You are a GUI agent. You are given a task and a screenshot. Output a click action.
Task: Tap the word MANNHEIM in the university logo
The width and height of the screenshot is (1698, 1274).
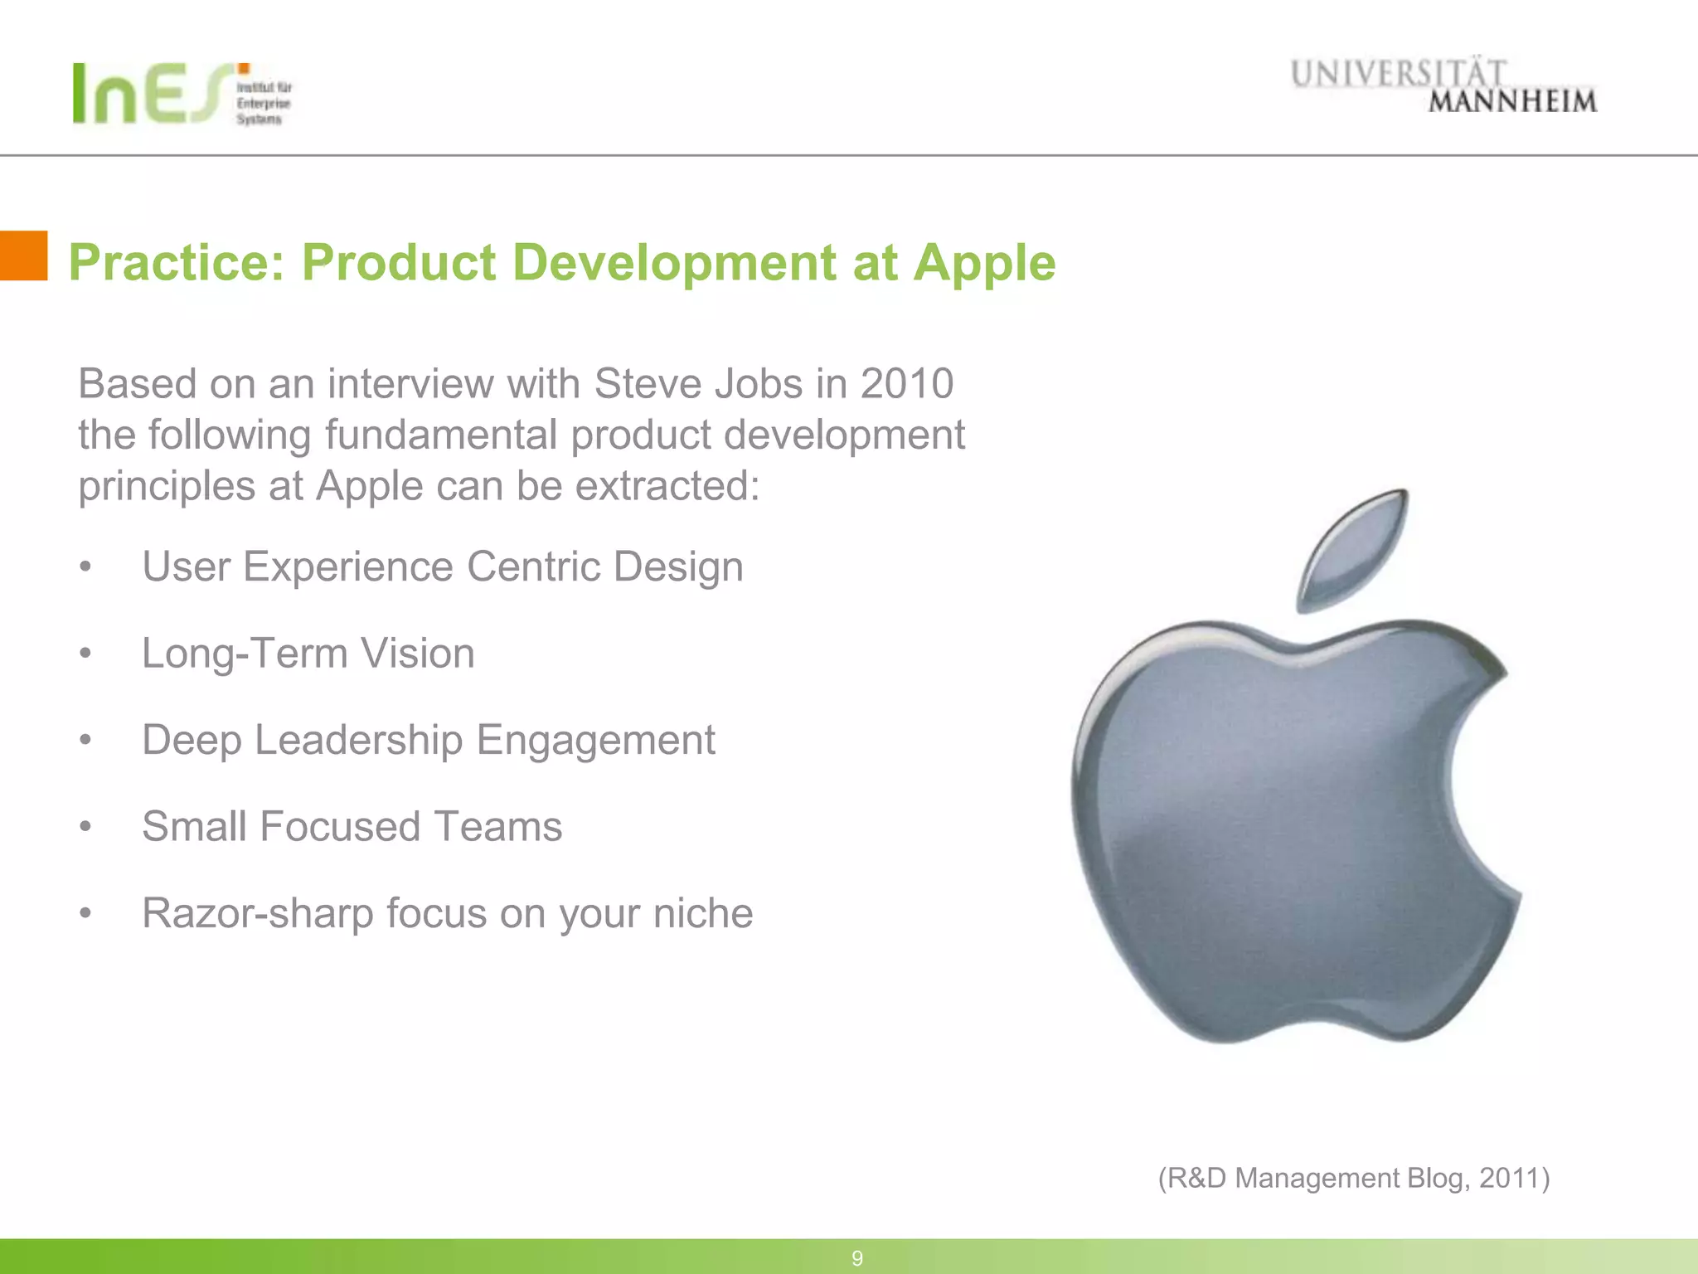pyautogui.click(x=1511, y=102)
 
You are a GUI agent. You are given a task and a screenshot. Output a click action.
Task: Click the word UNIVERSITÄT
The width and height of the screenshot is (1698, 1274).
pyautogui.click(x=1398, y=74)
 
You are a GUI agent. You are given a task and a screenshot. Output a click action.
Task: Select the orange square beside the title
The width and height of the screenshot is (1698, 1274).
pyautogui.click(x=23, y=255)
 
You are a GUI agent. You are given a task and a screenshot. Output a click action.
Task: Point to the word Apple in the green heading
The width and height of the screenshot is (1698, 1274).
pyautogui.click(x=984, y=263)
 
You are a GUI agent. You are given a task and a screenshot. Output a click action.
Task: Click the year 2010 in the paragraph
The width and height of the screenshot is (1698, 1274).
pyautogui.click(x=906, y=384)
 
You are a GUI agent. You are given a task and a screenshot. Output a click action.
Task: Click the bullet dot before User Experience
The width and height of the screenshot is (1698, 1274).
pyautogui.click(x=85, y=568)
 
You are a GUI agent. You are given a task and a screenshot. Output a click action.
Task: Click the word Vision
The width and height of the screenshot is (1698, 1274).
pyautogui.click(x=417, y=654)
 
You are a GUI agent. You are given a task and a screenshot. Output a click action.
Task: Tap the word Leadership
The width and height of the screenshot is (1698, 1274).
pyautogui.click(x=358, y=740)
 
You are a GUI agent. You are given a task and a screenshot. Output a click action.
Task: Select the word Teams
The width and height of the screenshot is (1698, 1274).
pyautogui.click(x=497, y=827)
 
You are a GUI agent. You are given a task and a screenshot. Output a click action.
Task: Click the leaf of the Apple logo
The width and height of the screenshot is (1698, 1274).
pyautogui.click(x=1354, y=550)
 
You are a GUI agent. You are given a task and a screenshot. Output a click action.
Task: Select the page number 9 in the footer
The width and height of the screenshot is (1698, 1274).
pyautogui.click(x=857, y=1258)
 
